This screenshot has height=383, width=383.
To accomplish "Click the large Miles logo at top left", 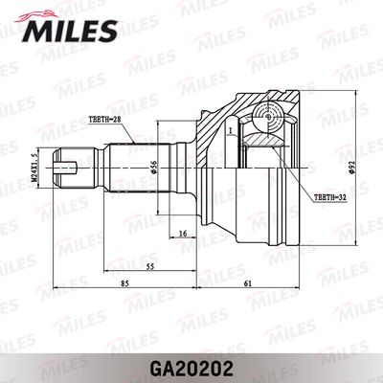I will tap(66, 32).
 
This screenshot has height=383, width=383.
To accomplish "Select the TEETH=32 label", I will tap(329, 197).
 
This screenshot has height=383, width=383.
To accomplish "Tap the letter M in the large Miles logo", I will tap(34, 34).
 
